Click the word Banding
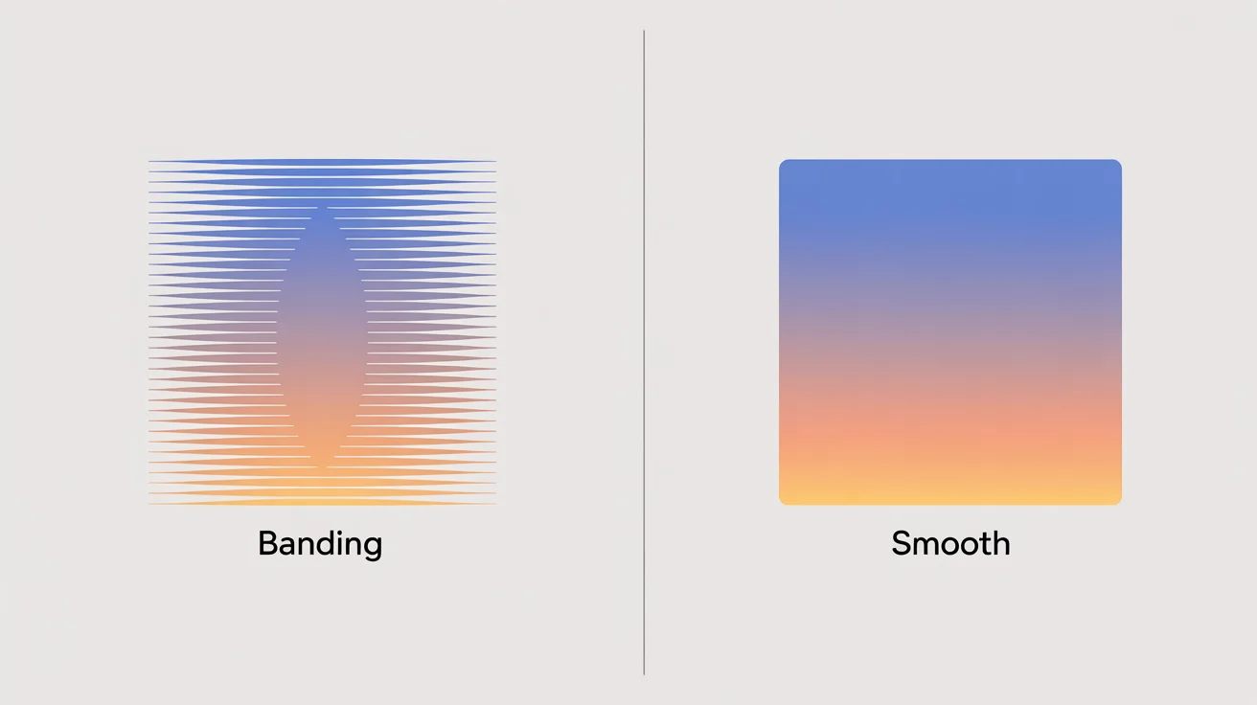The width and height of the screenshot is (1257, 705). tap(320, 544)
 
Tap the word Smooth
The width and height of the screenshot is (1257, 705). tap(950, 544)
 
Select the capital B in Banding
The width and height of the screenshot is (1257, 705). tap(268, 543)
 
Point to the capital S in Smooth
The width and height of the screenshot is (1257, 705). tap(902, 544)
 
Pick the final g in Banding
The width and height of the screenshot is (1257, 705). tap(372, 547)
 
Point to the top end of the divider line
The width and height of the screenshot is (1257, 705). tap(644, 32)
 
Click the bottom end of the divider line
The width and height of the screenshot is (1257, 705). tap(644, 673)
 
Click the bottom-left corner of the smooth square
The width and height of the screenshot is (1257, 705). tap(784, 500)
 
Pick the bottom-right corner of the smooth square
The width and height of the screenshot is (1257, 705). tap(1117, 500)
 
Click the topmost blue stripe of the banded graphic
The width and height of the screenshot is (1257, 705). tap(322, 162)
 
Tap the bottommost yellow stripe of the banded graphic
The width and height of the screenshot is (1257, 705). tap(322, 503)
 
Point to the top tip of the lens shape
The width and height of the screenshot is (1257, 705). tap(322, 206)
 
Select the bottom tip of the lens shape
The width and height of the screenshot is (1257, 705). tap(322, 469)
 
